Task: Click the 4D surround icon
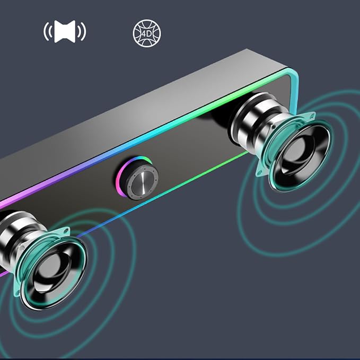point(147,33)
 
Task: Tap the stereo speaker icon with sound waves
point(65,31)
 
